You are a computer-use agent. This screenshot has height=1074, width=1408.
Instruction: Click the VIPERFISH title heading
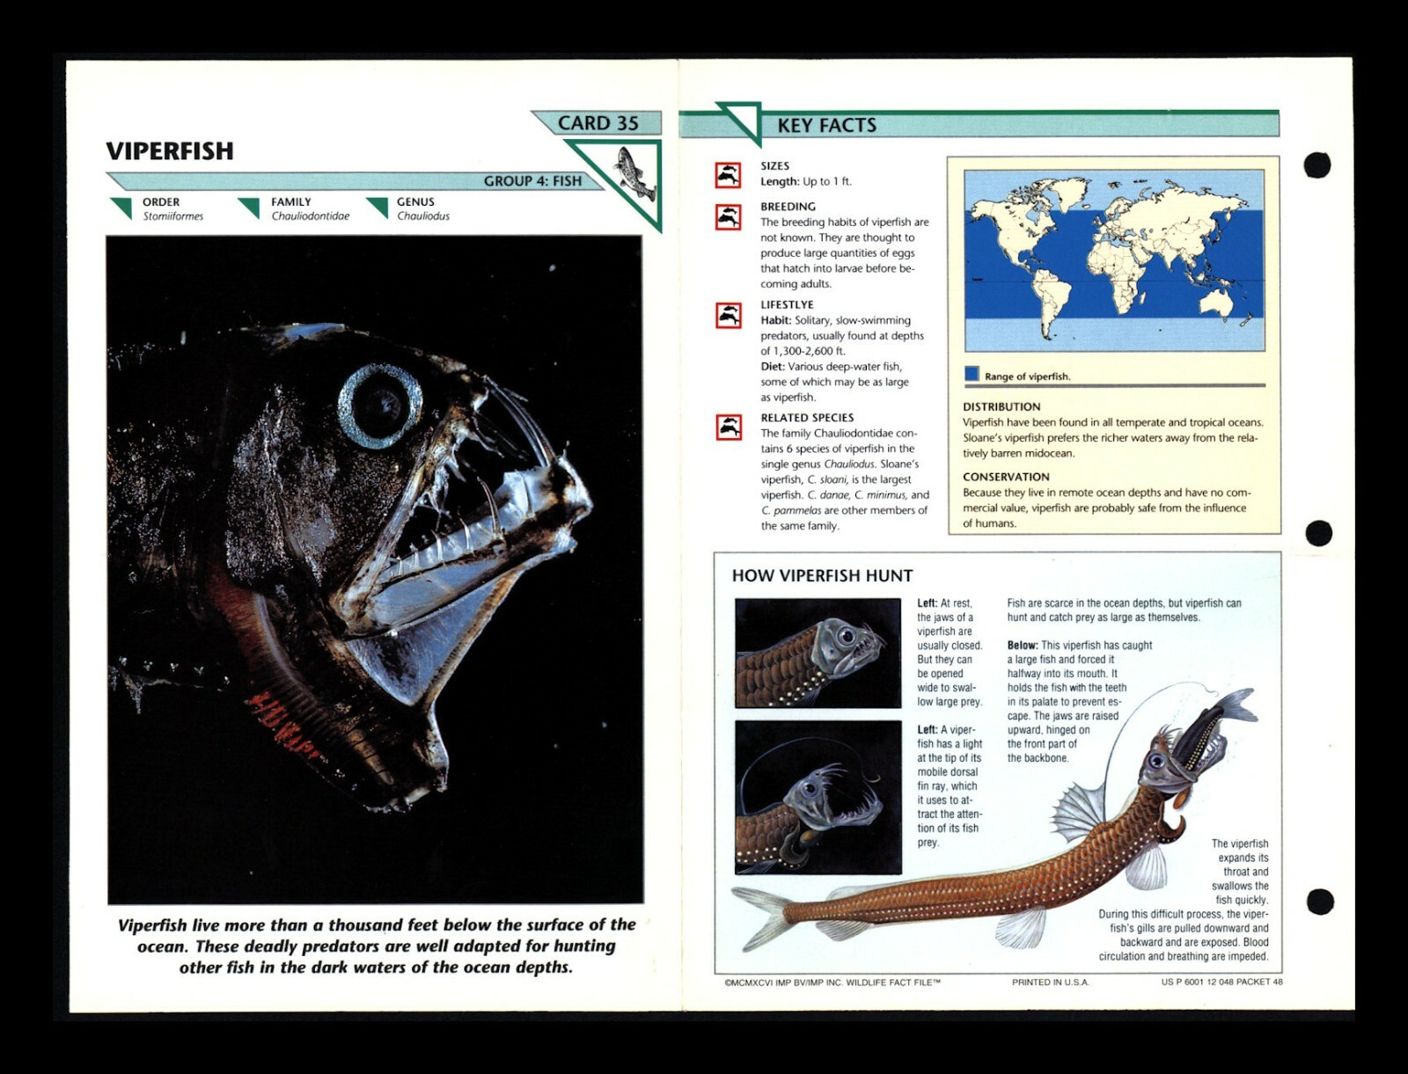[170, 151]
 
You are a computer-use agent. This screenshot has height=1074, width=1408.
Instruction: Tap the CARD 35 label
[598, 123]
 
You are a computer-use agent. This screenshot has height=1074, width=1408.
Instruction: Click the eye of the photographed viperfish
[381, 405]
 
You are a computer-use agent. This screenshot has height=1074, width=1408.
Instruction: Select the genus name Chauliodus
[422, 216]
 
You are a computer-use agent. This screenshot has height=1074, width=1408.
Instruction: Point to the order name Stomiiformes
[173, 216]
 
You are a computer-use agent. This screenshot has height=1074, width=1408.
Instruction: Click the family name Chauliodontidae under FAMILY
[310, 216]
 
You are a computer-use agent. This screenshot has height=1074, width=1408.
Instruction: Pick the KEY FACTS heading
[826, 126]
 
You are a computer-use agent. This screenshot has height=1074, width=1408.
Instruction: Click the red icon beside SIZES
[728, 175]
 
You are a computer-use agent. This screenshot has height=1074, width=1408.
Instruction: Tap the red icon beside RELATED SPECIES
[728, 427]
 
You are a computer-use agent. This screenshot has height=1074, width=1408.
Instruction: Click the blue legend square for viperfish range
[972, 374]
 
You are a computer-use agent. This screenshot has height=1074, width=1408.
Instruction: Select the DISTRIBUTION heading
[1001, 407]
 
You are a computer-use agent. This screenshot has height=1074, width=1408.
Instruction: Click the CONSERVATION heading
[1006, 477]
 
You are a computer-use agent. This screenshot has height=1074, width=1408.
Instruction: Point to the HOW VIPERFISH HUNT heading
[822, 576]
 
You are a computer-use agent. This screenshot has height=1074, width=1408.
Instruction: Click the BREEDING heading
[788, 207]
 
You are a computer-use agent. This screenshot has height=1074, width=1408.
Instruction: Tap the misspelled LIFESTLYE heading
[787, 305]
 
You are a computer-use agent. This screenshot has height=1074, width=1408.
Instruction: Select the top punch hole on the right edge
[1316, 164]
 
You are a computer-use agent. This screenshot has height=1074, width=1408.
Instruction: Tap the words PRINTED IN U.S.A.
[1050, 983]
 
